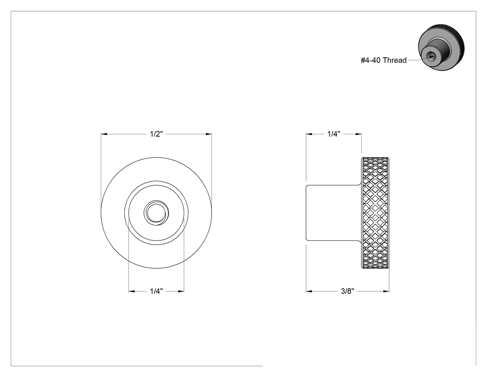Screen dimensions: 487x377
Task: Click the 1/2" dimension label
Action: [x=156, y=134]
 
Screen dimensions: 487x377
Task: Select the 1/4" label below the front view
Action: [x=156, y=291]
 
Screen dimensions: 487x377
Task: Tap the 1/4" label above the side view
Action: [x=334, y=134]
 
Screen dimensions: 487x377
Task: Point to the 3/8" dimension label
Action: [x=347, y=291]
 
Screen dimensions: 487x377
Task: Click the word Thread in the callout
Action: [x=395, y=60]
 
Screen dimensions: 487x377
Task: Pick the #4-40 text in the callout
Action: [x=371, y=60]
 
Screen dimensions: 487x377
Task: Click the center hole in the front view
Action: [x=156, y=213]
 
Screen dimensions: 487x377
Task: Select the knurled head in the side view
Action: [x=375, y=213]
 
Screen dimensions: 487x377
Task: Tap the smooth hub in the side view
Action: [x=333, y=213]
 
